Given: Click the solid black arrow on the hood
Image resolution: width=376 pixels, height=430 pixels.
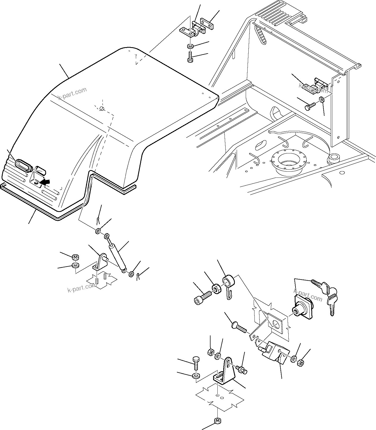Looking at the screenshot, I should [45, 182].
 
